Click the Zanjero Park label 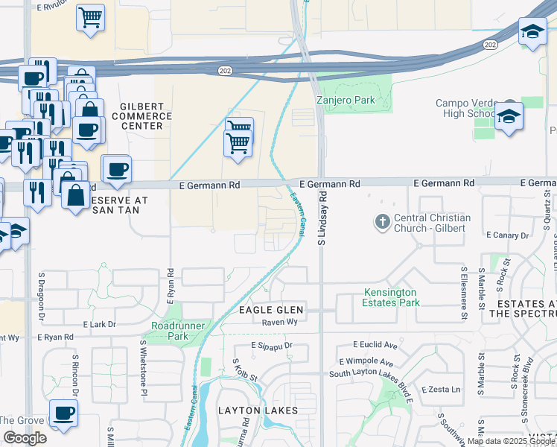tap(343, 99)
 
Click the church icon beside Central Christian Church tap(382, 221)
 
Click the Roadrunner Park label tap(169, 331)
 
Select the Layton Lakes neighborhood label tap(258, 410)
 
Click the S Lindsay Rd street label tap(323, 217)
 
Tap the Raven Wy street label tap(279, 323)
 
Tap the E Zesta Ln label tap(441, 390)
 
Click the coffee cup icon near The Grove tap(63, 413)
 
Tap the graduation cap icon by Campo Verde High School tap(509, 117)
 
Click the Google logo tap(25, 438)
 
